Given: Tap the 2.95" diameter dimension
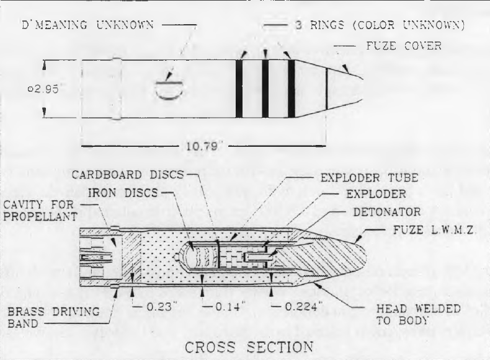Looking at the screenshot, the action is (43, 89).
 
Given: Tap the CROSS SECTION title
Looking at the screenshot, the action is (249, 347).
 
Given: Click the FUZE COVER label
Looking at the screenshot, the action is (404, 46).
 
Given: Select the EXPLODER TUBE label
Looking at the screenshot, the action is (370, 178).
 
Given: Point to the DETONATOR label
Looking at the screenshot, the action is (387, 212).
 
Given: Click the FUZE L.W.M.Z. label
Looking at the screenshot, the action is (434, 230).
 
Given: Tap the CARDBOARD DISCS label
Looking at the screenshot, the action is (128, 175).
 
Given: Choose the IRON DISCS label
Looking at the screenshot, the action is (123, 193).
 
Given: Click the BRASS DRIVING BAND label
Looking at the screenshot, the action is (53, 317).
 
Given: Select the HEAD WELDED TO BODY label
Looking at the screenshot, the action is (419, 314).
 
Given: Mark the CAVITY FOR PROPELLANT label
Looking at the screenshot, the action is (40, 211).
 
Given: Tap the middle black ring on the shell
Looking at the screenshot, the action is (265, 89).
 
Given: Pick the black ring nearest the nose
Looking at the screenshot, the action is (292, 89).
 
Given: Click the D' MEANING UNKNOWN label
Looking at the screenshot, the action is (88, 25).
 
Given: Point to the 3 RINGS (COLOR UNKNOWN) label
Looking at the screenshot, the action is (380, 25).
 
